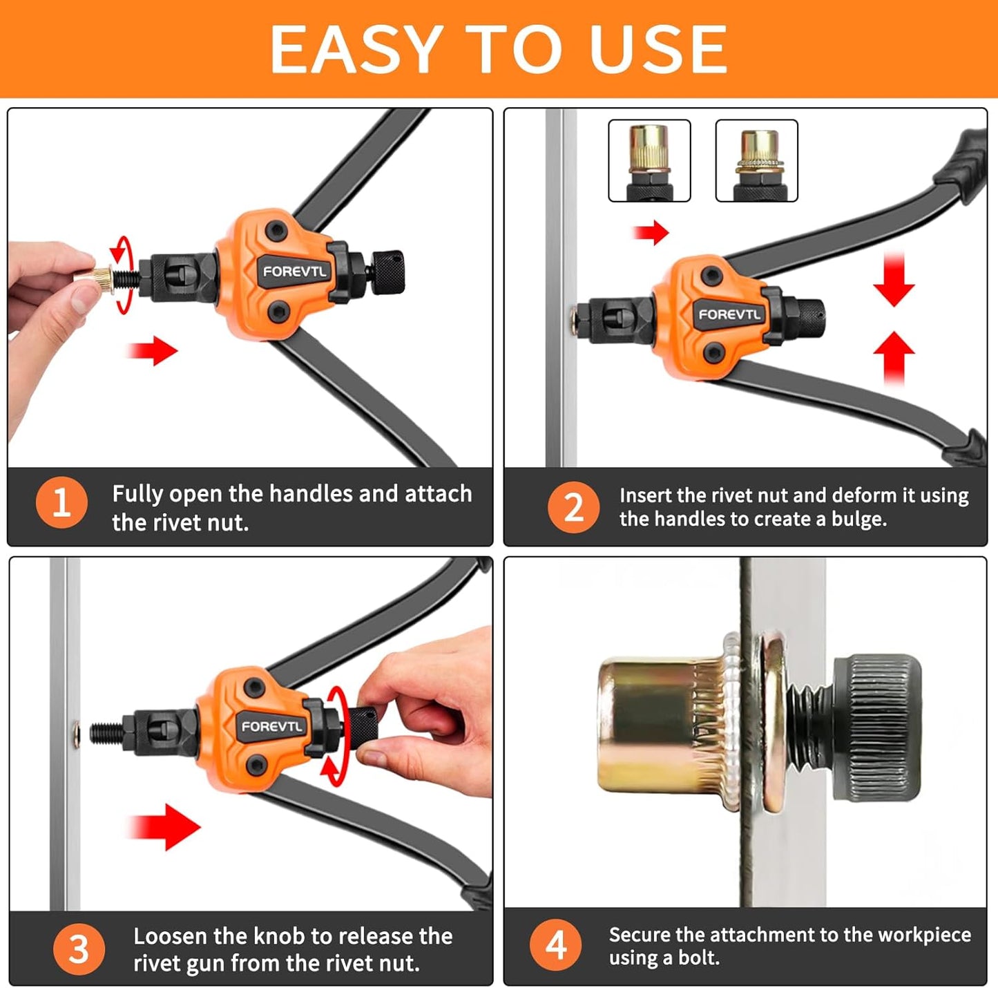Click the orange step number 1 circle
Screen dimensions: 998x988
(61, 502)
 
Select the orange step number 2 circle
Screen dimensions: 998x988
(573, 507)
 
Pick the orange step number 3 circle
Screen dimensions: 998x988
(79, 949)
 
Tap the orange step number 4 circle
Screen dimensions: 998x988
(556, 945)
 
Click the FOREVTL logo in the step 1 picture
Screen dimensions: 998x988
(294, 272)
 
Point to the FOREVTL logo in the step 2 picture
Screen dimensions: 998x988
(729, 314)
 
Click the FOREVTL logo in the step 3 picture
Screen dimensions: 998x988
(271, 726)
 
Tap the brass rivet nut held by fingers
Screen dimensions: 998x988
(96, 280)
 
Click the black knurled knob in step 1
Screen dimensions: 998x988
(387, 272)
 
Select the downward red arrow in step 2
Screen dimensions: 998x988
(894, 278)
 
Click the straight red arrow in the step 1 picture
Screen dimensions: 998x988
(152, 351)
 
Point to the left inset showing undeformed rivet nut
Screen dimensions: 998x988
(649, 160)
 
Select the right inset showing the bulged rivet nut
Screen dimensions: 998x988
(757, 160)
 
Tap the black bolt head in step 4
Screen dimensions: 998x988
(879, 728)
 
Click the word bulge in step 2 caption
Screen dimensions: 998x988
(858, 520)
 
